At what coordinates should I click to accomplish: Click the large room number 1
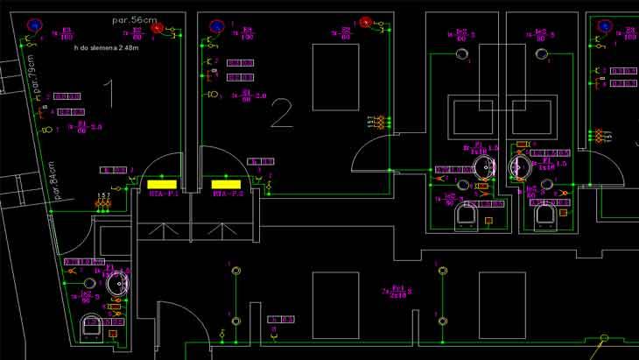[109, 94]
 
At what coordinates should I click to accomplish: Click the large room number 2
[281, 113]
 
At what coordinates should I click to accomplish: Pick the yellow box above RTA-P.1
[162, 183]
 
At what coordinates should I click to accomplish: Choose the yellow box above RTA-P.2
[226, 183]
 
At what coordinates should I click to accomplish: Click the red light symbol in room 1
[158, 29]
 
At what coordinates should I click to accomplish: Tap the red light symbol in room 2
[367, 23]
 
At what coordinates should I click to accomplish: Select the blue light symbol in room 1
[32, 26]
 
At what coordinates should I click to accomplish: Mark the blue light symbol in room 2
[214, 27]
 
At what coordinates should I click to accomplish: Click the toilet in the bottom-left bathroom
[90, 326]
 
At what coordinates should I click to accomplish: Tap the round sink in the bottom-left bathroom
[116, 282]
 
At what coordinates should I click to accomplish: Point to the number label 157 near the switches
[103, 194]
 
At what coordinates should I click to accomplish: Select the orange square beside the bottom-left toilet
[113, 333]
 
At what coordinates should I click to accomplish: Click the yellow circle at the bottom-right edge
[604, 337]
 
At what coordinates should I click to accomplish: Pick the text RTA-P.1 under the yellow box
[162, 194]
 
